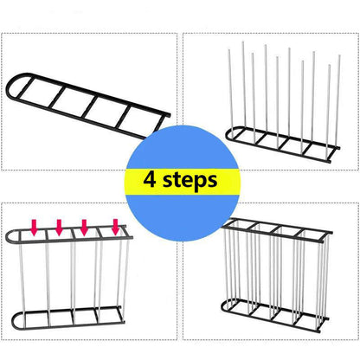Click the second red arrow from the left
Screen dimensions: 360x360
click(60, 228)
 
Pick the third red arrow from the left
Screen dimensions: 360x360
click(85, 228)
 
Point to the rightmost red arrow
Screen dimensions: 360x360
click(113, 228)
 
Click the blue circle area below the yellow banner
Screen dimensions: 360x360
click(179, 216)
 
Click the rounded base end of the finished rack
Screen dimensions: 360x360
click(227, 305)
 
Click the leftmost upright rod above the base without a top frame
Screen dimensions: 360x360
click(243, 87)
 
